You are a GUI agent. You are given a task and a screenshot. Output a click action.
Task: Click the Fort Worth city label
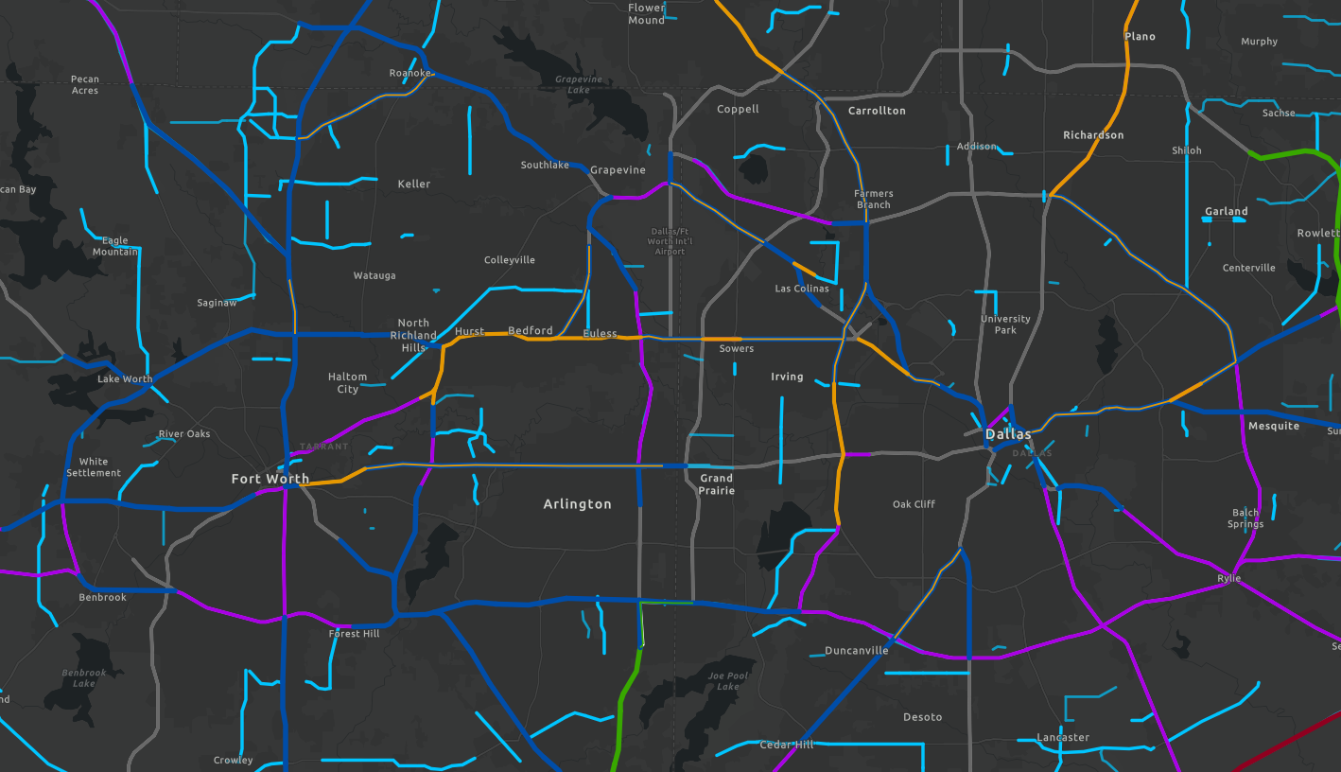pyautogui.click(x=270, y=479)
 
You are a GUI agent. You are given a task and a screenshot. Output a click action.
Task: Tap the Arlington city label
pyautogui.click(x=577, y=504)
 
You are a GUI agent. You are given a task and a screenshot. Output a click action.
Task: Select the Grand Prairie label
pyautogui.click(x=716, y=484)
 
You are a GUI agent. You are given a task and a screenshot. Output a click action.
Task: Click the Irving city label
pyautogui.click(x=787, y=377)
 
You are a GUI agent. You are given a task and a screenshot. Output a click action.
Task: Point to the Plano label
pyautogui.click(x=1140, y=37)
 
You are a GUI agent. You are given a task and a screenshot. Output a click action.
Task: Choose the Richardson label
pyautogui.click(x=1093, y=135)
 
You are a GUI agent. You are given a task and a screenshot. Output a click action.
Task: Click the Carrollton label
pyautogui.click(x=877, y=111)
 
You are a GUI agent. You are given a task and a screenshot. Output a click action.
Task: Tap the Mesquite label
pyautogui.click(x=1274, y=426)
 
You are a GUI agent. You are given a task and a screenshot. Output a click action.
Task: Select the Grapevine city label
pyautogui.click(x=618, y=170)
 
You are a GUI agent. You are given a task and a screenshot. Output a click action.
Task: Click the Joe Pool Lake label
pyautogui.click(x=728, y=681)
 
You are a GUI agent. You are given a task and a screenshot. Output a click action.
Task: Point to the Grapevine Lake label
pyautogui.click(x=579, y=85)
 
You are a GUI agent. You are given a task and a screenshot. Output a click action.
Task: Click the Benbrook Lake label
pyautogui.click(x=84, y=677)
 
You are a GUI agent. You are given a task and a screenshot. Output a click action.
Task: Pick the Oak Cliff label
pyautogui.click(x=914, y=504)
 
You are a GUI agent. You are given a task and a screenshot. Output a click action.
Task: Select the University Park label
pyautogui.click(x=1005, y=325)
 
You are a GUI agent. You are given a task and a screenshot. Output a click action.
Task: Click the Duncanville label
pyautogui.click(x=856, y=650)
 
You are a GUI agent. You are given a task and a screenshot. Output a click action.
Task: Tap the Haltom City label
pyautogui.click(x=347, y=382)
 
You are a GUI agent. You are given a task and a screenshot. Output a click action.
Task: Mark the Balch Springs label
pyautogui.click(x=1245, y=518)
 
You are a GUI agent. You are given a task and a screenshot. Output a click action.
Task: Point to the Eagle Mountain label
pyautogui.click(x=114, y=246)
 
